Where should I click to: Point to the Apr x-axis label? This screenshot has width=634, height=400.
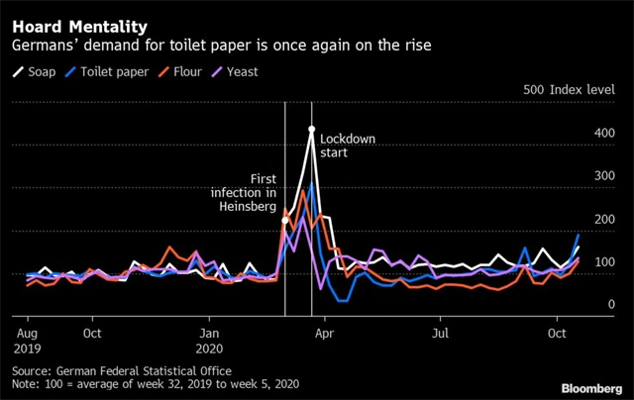[x=324, y=335]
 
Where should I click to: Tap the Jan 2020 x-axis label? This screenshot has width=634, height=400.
[x=210, y=342]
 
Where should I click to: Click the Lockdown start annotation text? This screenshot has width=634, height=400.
[x=348, y=146]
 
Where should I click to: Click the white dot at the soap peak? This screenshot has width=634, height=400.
[x=311, y=129]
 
